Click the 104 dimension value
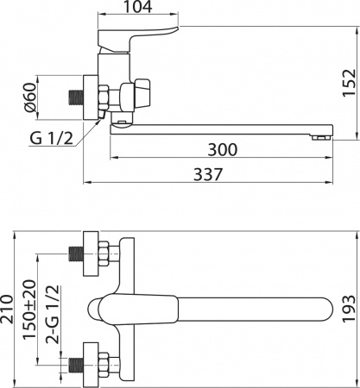point(137,7)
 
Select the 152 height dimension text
point(350,83)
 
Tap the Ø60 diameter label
point(30,97)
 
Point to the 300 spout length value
point(223,149)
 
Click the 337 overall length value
point(208,174)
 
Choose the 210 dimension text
point(7,309)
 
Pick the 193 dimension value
point(350,309)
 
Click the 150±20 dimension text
point(30,310)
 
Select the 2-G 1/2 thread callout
point(53,315)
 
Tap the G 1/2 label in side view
point(51,139)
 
